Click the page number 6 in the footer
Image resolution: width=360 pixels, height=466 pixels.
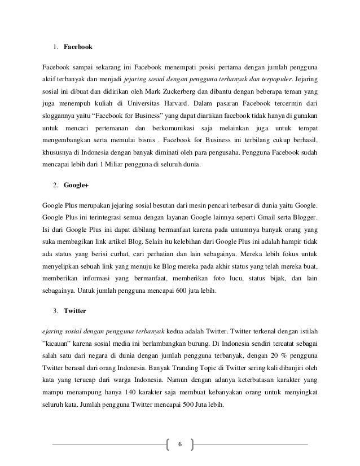coord(180,445)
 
